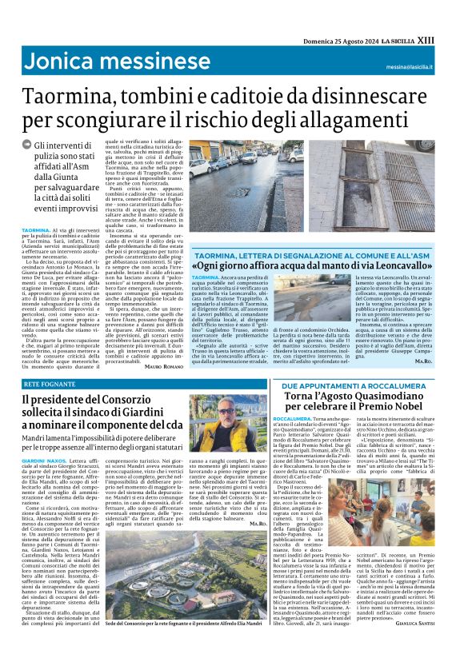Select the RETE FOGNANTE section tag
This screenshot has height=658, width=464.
[49, 385]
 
